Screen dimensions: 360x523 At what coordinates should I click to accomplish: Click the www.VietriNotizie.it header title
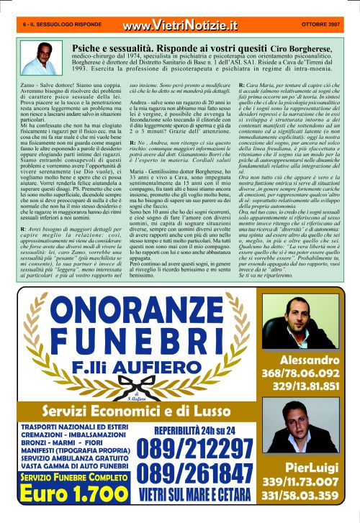tap(180, 26)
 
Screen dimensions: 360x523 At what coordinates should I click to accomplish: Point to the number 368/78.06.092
tap(310, 373)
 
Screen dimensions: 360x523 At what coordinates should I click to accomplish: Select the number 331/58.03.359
tap(310, 496)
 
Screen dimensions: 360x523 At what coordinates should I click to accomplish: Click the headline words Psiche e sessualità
tap(113, 44)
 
